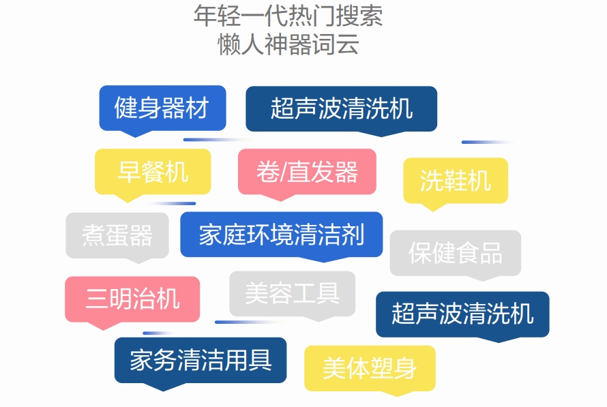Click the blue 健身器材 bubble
[x=162, y=108]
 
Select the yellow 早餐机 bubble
[x=153, y=172]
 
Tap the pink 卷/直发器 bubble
[x=307, y=172]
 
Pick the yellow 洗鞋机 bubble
[x=455, y=181]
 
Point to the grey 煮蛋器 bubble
[x=117, y=235]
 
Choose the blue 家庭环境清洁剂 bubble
[x=281, y=235]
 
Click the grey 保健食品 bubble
[x=455, y=253]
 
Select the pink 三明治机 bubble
[x=132, y=299]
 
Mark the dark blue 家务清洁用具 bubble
[x=201, y=360]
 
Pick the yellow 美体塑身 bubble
[x=369, y=368]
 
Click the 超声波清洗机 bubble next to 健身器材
[x=341, y=108]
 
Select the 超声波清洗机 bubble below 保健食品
[x=462, y=314]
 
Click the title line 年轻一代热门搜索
[x=288, y=16]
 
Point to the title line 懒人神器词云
[x=288, y=45]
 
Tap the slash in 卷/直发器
[x=280, y=172]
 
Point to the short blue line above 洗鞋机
[x=486, y=142]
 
